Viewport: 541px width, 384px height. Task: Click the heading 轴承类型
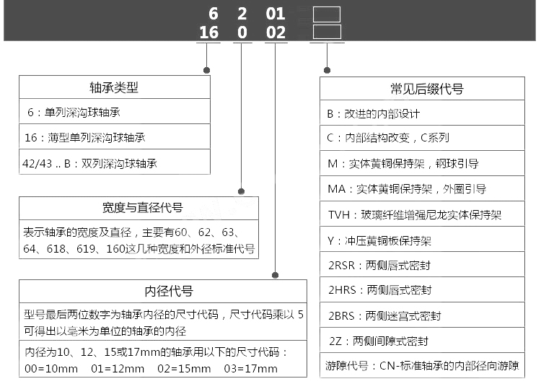click(114, 87)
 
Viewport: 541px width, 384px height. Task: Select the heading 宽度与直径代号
click(138, 208)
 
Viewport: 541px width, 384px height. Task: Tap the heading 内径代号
click(169, 292)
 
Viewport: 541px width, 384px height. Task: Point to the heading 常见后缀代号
click(422, 89)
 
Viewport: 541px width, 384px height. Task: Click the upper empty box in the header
click(326, 14)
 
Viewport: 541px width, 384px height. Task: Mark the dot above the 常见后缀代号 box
click(327, 71)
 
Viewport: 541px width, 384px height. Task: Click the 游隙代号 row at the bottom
click(422, 366)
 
